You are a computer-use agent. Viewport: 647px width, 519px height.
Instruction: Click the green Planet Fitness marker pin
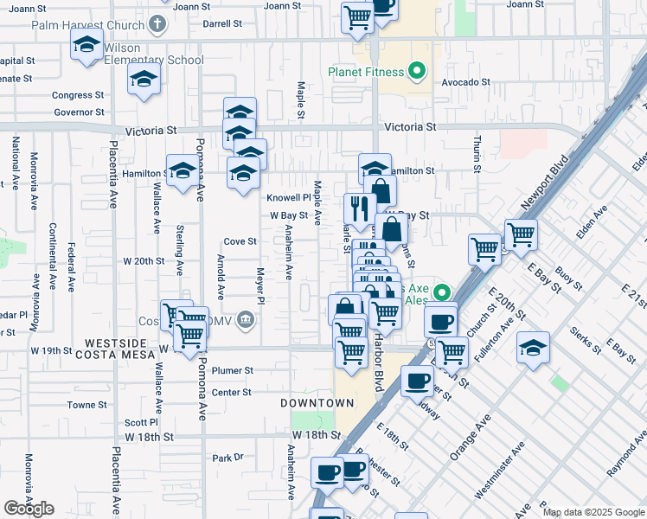[x=418, y=71]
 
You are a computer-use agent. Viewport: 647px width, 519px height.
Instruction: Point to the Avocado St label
[x=466, y=83]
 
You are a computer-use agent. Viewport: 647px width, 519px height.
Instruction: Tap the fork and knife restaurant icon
[x=359, y=209]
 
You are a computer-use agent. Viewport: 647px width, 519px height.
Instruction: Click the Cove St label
[x=240, y=241]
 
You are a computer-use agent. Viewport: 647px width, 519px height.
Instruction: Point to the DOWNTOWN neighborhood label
[x=317, y=403]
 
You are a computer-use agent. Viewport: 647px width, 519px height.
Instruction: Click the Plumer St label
[x=234, y=370]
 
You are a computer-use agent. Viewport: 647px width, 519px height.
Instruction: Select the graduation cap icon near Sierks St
[x=533, y=349]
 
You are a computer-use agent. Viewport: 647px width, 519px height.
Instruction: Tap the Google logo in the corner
[x=29, y=509]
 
